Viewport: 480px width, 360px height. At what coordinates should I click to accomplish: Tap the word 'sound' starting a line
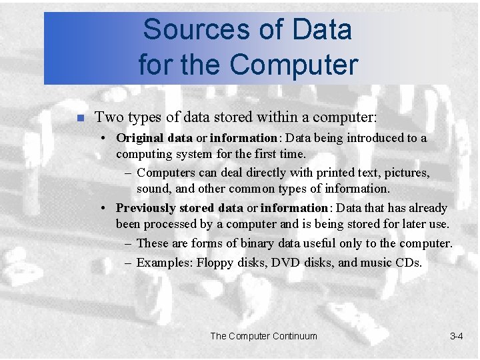pos(154,189)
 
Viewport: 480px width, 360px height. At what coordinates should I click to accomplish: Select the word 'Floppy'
pos(216,263)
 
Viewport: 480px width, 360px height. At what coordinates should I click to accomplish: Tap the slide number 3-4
pos(457,336)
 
